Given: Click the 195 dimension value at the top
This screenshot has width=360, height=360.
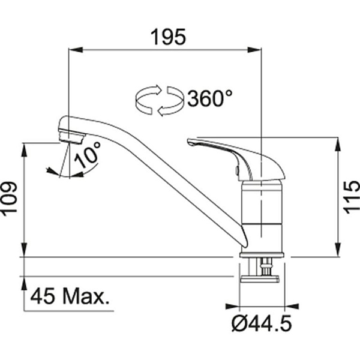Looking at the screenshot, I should tap(167, 37).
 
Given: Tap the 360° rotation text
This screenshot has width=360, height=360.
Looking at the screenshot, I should tap(209, 98).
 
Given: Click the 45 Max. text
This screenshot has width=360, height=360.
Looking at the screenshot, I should tap(70, 296).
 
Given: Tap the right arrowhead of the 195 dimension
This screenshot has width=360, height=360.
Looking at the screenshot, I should tap(257, 50).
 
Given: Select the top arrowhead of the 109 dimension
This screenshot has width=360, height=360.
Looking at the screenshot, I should tap(25, 148).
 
